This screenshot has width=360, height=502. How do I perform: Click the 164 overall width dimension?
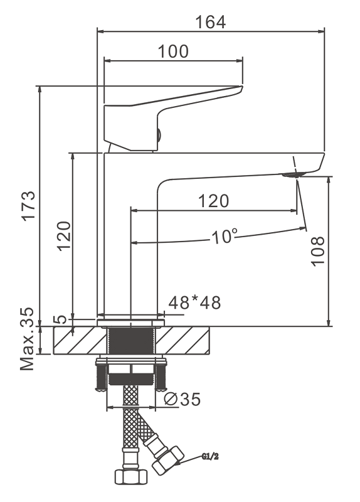[x=210, y=22]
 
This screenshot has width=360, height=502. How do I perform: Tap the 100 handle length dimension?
[x=173, y=51]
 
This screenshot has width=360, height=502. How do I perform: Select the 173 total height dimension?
[x=29, y=205]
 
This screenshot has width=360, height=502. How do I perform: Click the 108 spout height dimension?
[x=318, y=251]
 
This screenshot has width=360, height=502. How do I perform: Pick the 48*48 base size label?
[x=194, y=302]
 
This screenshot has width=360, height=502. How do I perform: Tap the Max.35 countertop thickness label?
[x=27, y=339]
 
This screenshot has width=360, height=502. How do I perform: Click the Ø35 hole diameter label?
[x=182, y=399]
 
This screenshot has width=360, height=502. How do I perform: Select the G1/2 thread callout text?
[x=210, y=457]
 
